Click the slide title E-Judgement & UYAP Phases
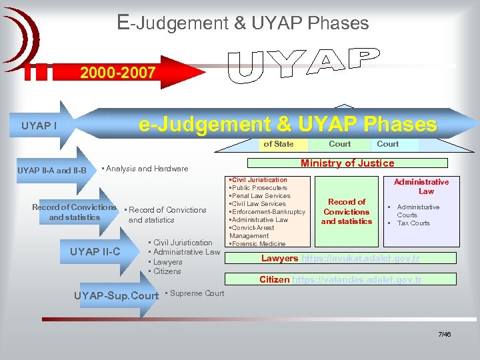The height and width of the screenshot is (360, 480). [x=243, y=23]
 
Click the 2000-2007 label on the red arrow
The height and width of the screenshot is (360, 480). [x=118, y=73]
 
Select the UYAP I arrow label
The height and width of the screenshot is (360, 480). [x=39, y=125]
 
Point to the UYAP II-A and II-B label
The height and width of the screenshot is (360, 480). [x=52, y=170]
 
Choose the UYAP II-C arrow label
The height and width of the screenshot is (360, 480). [x=95, y=251]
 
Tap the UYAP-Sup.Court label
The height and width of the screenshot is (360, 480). [x=117, y=295]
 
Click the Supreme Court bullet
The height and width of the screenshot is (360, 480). [x=195, y=293]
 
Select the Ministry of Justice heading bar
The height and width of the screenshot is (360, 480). [x=347, y=163]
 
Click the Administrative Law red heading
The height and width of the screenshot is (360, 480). [x=421, y=186]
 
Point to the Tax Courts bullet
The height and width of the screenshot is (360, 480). [x=413, y=223]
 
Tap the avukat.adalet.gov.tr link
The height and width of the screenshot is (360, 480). [x=361, y=258]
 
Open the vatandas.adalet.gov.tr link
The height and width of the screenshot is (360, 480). [x=357, y=279]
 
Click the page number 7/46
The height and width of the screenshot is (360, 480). [x=444, y=334]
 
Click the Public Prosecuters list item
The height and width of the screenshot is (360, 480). [x=259, y=188]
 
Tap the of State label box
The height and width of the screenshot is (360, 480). [x=278, y=144]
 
